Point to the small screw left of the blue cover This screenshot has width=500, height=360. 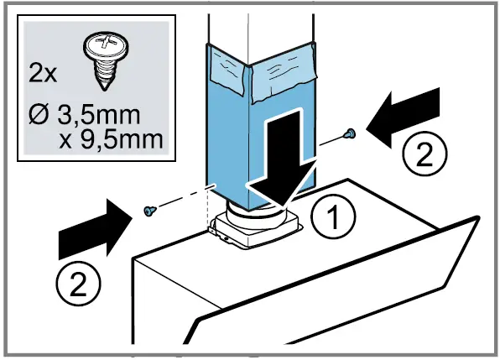[x=148, y=210]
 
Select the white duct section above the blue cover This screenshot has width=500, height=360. [x=260, y=25]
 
